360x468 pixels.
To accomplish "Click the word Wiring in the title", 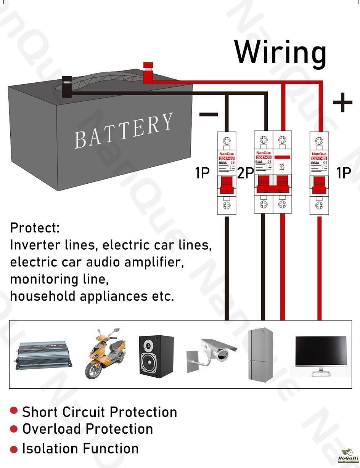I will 280,53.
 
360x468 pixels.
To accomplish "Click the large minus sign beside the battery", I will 209,114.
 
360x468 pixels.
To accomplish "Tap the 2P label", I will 245,173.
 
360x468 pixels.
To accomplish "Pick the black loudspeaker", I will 156,356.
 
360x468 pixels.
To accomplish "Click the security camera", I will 212,353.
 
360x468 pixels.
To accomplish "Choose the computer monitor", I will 321,354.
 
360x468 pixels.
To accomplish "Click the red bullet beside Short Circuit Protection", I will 14,410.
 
